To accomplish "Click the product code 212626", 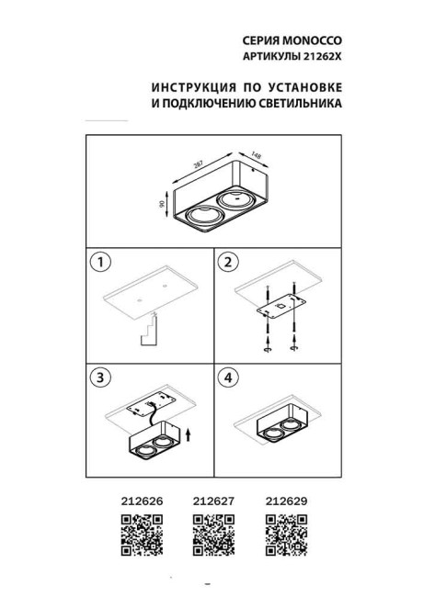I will (142, 501).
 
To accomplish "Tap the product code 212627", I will (212, 501).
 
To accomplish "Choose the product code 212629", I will (284, 501).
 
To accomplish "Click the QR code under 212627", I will (212, 535).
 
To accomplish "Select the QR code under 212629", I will (284, 535).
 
